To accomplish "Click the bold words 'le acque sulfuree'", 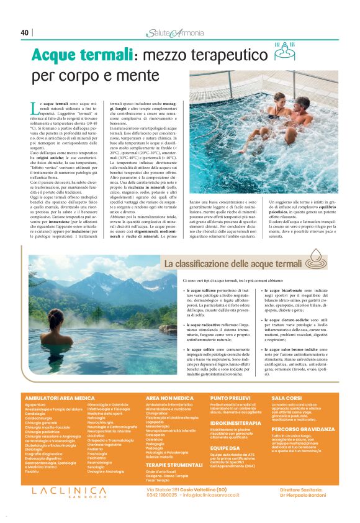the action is tap(204, 290).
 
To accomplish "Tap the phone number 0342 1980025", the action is tap(160, 495).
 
